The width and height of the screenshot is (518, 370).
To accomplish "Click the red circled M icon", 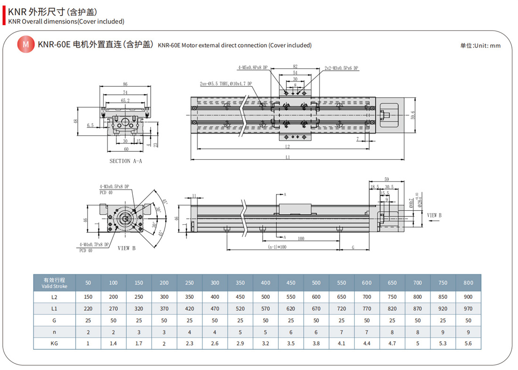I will coord(25,45).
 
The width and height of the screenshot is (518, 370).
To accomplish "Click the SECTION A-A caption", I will coord(126,161).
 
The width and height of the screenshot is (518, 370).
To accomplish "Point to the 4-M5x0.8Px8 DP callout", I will coord(252,68).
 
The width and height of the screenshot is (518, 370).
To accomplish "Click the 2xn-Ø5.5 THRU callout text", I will coord(226,84).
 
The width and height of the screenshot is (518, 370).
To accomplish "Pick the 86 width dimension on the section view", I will coord(125,85).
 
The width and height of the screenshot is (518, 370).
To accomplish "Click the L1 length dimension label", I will coord(288,157).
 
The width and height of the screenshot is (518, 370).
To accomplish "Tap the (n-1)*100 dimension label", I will coord(278,247).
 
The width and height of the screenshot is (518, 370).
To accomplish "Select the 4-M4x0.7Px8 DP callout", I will coord(94,244).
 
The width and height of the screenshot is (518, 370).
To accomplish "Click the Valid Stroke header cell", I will coord(55,283).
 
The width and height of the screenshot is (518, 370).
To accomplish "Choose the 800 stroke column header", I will coord(468,283).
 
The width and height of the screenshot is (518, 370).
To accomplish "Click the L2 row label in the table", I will coord(55,297).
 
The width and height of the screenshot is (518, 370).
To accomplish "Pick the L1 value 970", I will coord(468,309).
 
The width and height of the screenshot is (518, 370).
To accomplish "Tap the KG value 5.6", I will coord(468,344).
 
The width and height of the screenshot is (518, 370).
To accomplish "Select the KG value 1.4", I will coord(113,344).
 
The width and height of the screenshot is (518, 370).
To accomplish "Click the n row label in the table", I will coord(55,332).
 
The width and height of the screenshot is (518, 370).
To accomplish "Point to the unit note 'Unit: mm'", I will coord(480,46).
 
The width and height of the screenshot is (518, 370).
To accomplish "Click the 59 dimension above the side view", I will coord(387,179).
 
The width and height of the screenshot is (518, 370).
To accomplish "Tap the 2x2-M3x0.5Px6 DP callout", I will coord(341,68).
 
